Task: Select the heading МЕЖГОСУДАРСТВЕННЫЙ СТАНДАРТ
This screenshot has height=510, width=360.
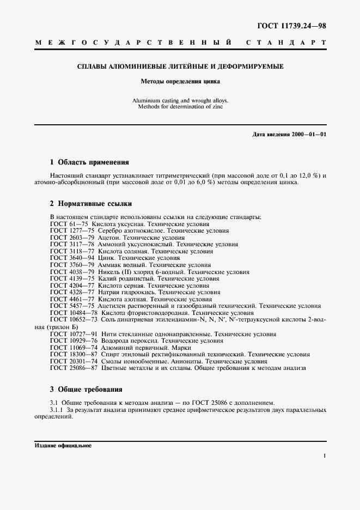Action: (x=180, y=42)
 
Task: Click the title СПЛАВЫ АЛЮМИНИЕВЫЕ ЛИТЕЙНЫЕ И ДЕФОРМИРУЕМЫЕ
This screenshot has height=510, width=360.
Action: (x=180, y=66)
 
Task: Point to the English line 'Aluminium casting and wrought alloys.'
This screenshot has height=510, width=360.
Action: (x=180, y=101)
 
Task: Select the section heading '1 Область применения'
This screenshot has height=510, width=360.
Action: (x=89, y=162)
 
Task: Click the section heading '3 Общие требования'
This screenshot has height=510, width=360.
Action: (x=86, y=390)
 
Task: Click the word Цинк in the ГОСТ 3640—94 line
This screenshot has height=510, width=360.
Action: (x=107, y=258)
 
